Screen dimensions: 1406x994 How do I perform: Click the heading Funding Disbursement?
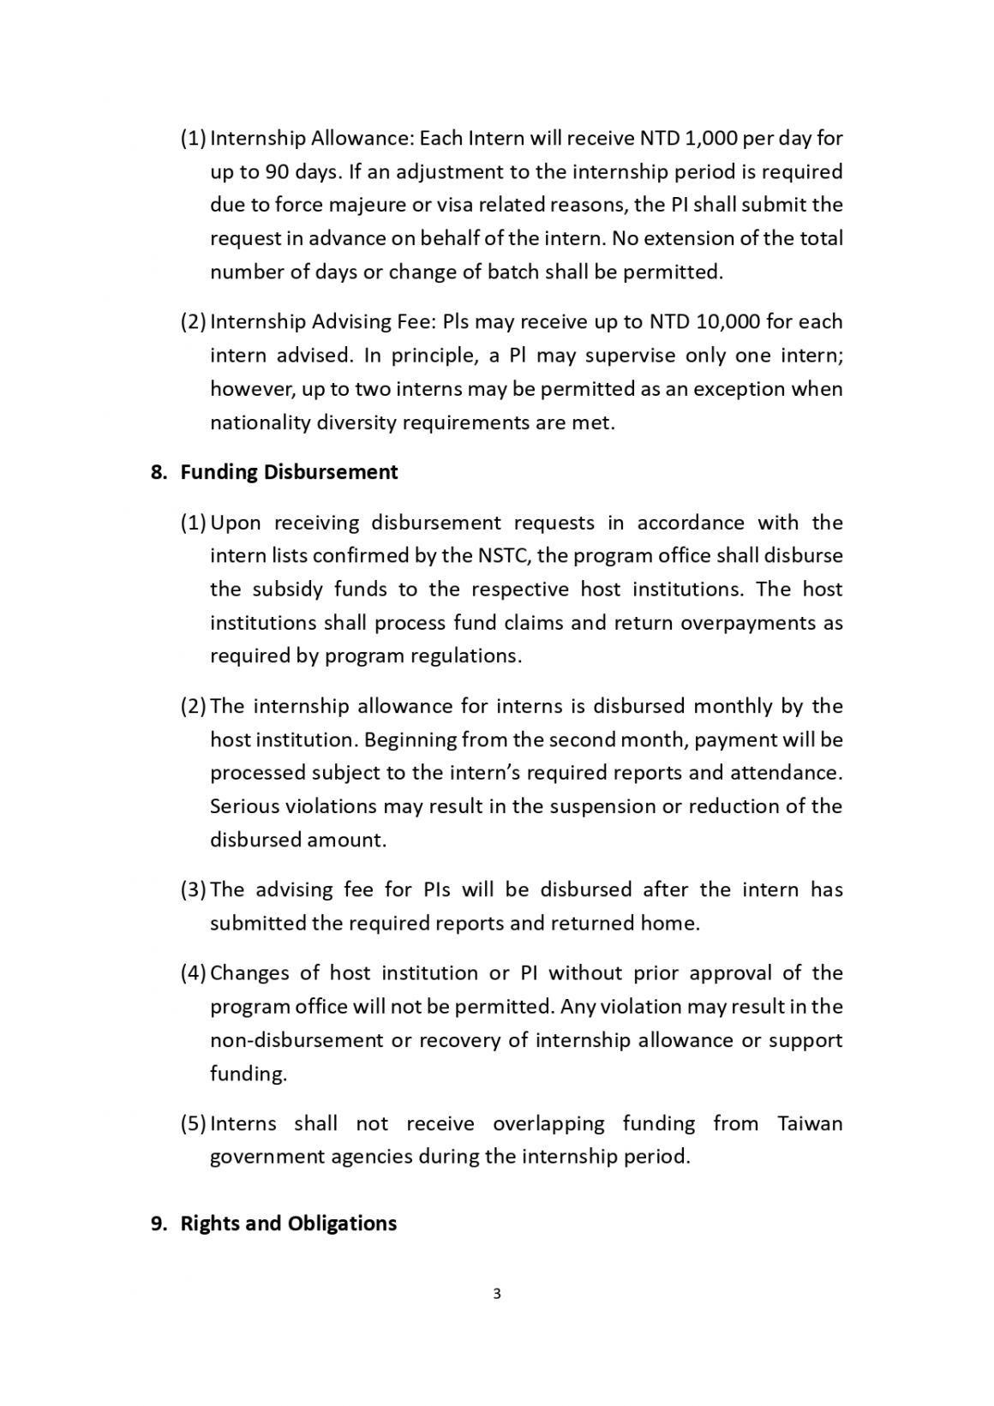pyautogui.click(x=289, y=472)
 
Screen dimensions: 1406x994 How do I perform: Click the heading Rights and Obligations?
pyautogui.click(x=288, y=1223)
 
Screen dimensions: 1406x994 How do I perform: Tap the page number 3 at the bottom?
pyautogui.click(x=497, y=1293)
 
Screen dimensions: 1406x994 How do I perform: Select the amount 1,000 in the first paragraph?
pyautogui.click(x=710, y=138)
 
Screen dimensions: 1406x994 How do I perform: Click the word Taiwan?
pyautogui.click(x=810, y=1123)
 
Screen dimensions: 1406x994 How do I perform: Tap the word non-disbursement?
pyautogui.click(x=297, y=1040)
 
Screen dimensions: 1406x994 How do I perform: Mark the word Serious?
pyautogui.click(x=244, y=806)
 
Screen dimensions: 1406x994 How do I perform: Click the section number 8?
pyautogui.click(x=159, y=472)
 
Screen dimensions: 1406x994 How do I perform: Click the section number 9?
pyautogui.click(x=159, y=1223)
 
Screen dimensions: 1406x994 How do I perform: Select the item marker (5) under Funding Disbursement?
pyautogui.click(x=193, y=1123)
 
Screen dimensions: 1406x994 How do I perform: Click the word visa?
pyautogui.click(x=482, y=205)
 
